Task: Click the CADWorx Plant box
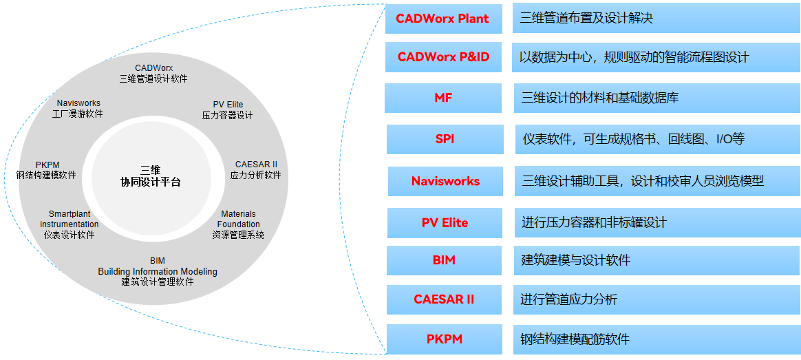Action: tap(443, 19)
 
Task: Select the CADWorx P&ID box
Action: tap(443, 57)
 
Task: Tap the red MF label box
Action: tap(443, 98)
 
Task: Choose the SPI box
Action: tap(445, 139)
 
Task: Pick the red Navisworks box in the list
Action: tap(445, 182)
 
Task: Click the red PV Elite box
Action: tap(445, 223)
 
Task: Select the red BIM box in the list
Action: tap(444, 260)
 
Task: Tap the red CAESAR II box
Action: tap(444, 299)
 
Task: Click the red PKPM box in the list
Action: tap(444, 339)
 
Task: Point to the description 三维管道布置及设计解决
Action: tap(586, 19)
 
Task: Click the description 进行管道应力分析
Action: tap(568, 299)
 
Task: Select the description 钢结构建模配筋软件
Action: tap(575, 339)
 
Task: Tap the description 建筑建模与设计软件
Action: tap(575, 260)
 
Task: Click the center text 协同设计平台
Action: tap(150, 182)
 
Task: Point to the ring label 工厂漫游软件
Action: tap(78, 114)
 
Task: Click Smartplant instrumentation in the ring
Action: tap(70, 219)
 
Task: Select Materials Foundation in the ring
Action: tap(238, 219)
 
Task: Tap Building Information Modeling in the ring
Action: tap(158, 271)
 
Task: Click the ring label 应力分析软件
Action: tap(255, 175)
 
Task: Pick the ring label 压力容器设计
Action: tap(228, 115)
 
